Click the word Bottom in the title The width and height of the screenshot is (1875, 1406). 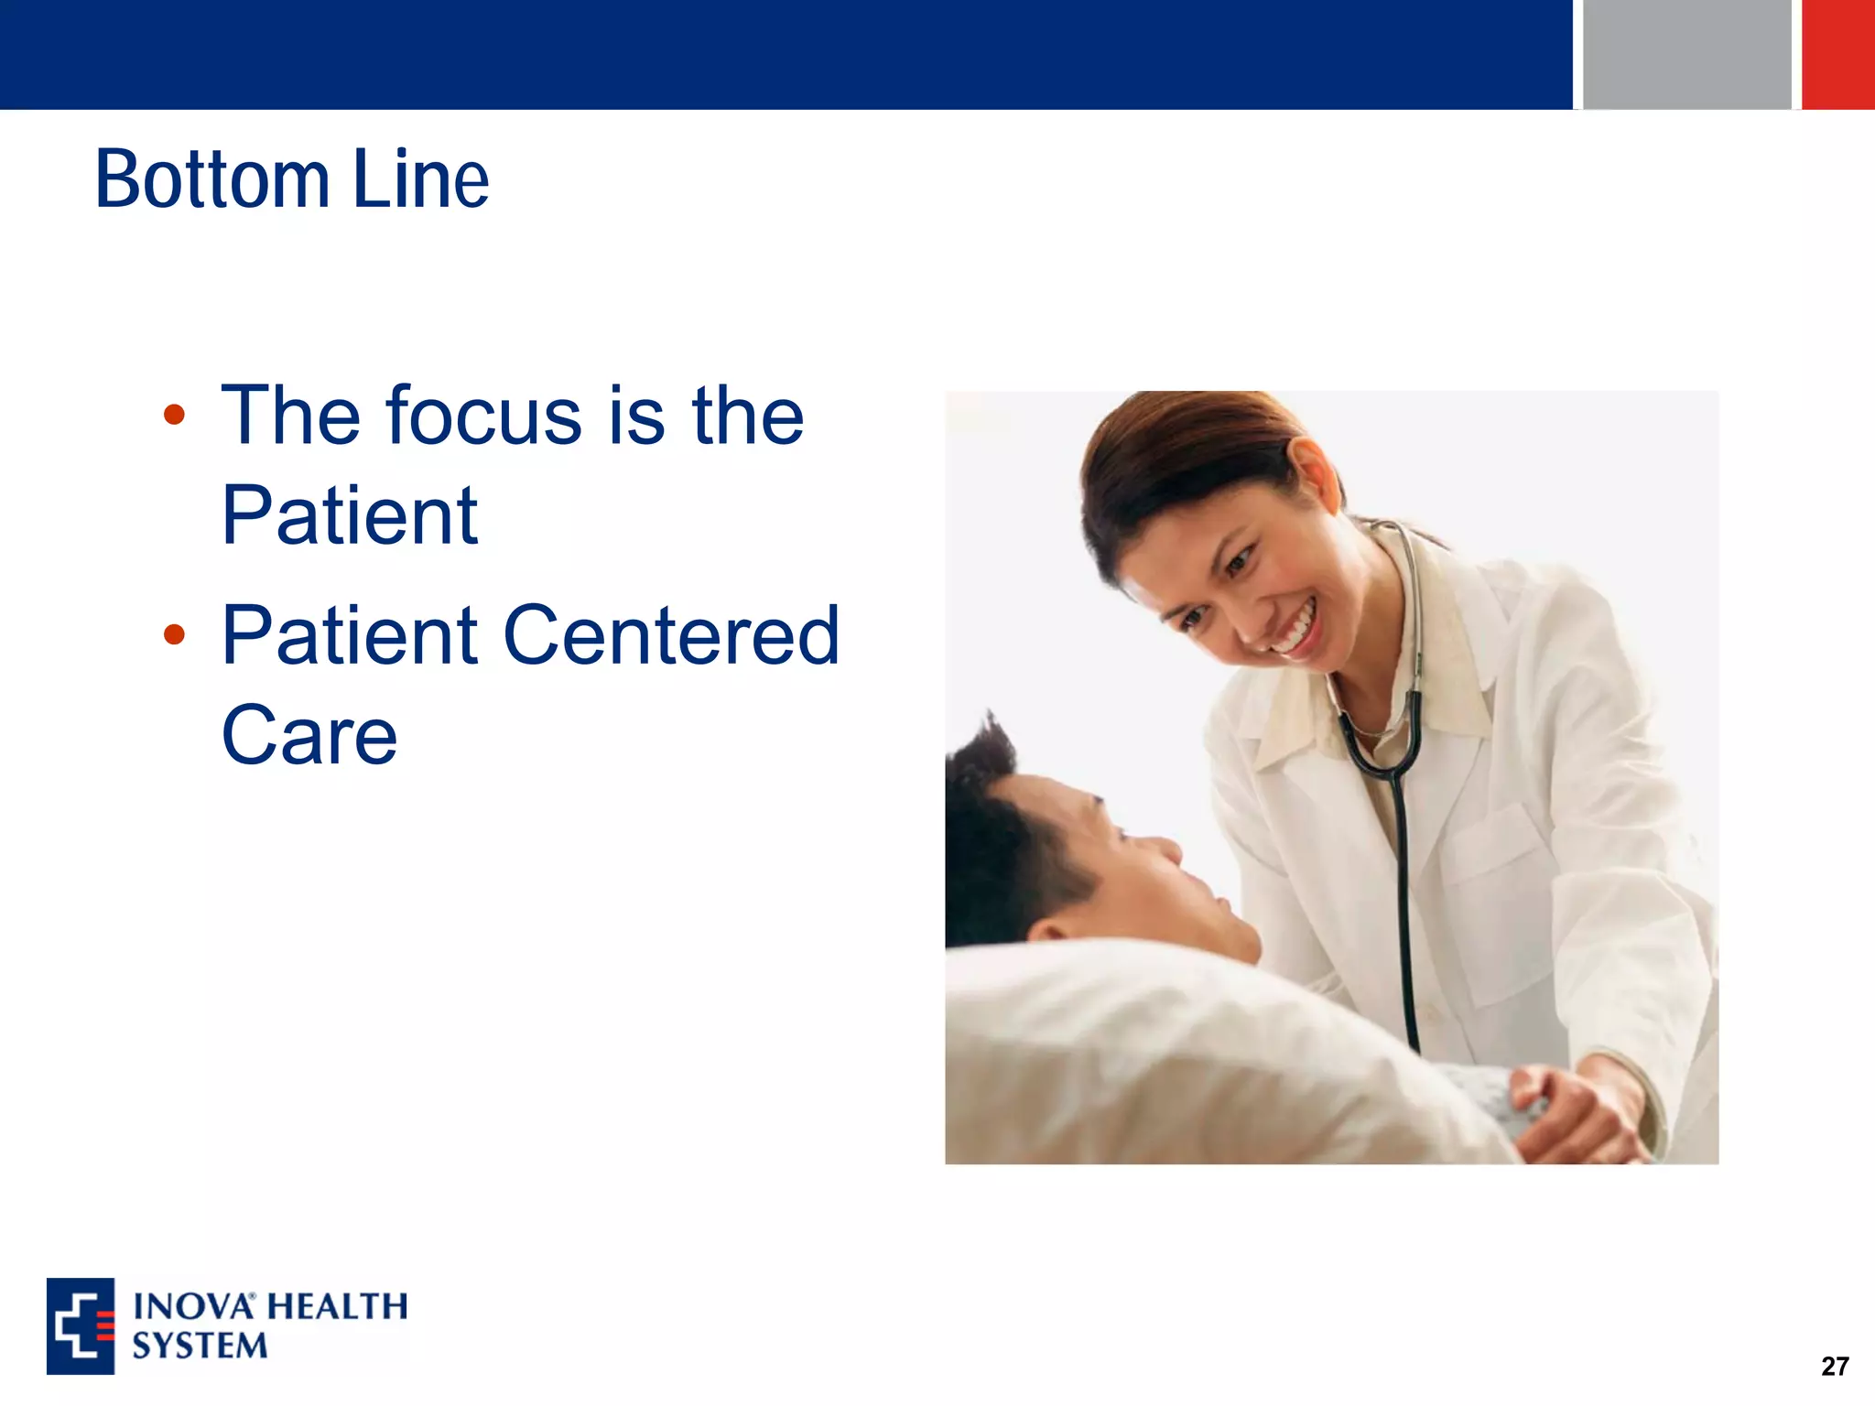tap(211, 179)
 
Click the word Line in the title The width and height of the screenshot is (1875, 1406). tap(420, 179)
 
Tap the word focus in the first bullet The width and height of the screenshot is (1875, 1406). tap(483, 416)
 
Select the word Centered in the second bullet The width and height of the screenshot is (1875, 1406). tap(671, 635)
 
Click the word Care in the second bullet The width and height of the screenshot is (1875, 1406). tap(309, 735)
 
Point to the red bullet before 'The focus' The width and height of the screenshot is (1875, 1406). tap(174, 416)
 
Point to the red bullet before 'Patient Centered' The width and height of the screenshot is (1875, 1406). tap(174, 634)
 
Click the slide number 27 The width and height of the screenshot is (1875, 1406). tap(1834, 1367)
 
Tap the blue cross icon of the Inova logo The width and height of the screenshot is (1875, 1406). tap(81, 1326)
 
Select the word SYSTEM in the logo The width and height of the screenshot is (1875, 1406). tap(200, 1347)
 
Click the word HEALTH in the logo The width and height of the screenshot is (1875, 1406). tap(338, 1306)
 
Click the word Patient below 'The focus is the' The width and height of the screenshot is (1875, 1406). tap(349, 516)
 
